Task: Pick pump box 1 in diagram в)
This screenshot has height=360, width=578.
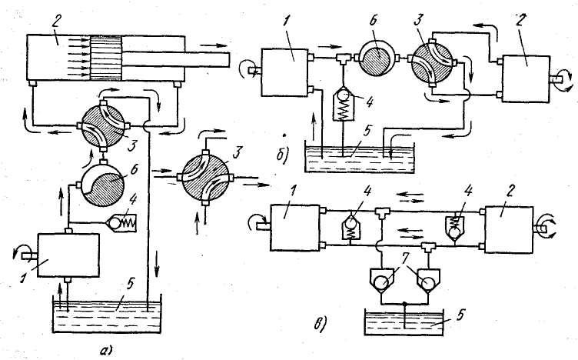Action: [294, 230]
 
